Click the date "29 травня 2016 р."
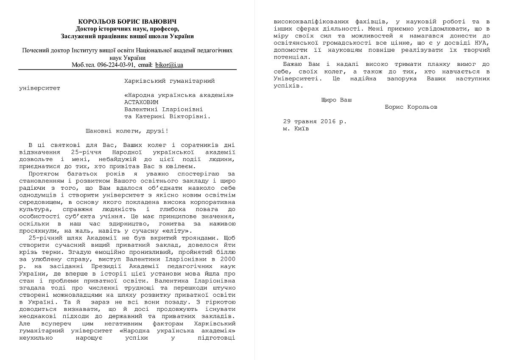[315, 121]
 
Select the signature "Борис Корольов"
[411, 107]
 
